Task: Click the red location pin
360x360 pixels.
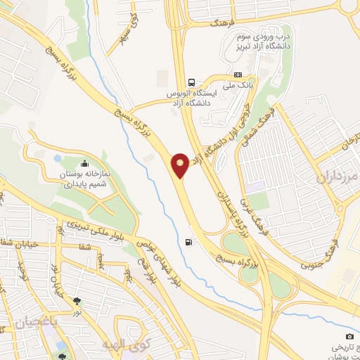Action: tap(180, 165)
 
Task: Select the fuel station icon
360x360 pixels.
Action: tap(188, 243)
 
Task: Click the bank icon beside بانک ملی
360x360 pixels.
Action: tap(238, 75)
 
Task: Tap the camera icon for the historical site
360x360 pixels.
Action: tap(349, 337)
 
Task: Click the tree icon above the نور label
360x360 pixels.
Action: tap(77, 301)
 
